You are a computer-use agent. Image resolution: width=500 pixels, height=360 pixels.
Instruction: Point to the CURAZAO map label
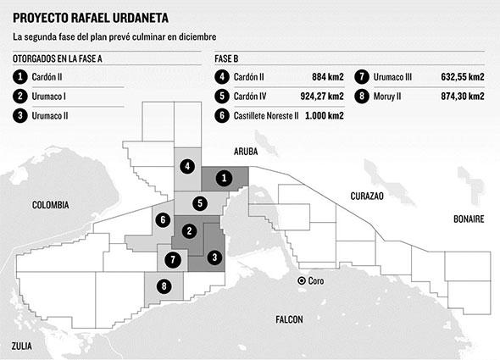pyautogui.click(x=366, y=196)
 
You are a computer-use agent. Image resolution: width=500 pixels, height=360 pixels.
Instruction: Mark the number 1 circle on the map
pyautogui.click(x=222, y=178)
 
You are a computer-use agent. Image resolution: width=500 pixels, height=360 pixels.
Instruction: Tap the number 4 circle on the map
pyautogui.click(x=186, y=166)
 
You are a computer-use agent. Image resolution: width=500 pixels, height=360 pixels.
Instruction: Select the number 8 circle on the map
pyautogui.click(x=164, y=286)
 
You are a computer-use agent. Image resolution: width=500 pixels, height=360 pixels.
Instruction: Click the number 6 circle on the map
pyautogui.click(x=162, y=220)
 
